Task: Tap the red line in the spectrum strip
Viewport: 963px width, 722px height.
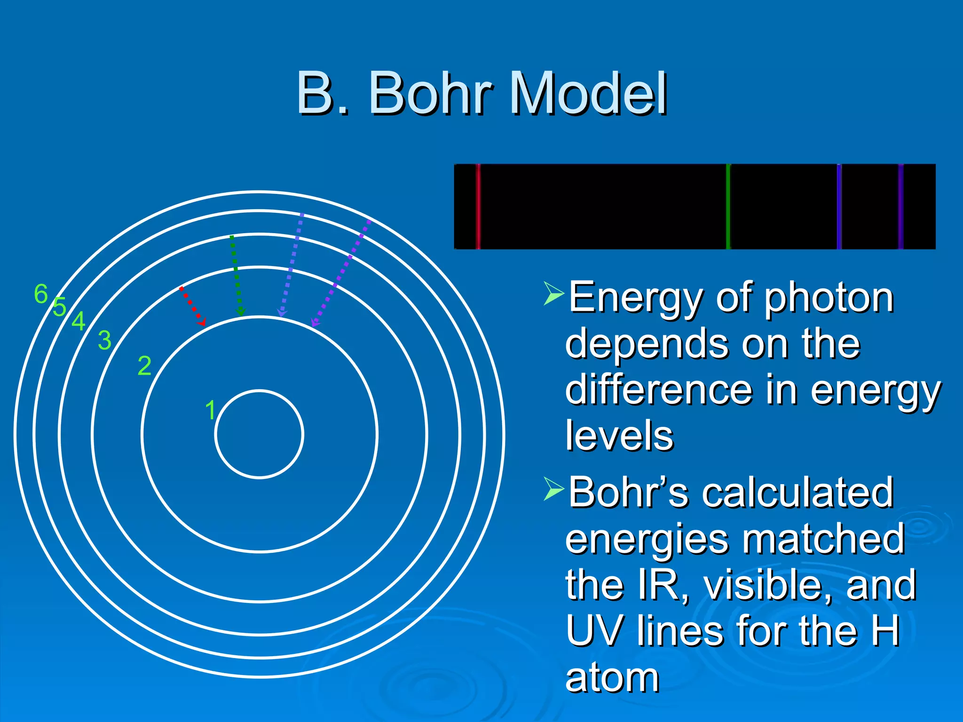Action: click(478, 206)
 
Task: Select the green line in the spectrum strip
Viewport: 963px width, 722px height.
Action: click(728, 206)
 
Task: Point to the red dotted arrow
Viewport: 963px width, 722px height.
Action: click(193, 306)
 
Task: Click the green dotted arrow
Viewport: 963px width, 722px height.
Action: click(236, 275)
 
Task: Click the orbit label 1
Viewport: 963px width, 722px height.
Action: click(210, 410)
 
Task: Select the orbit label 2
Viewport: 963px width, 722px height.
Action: click(144, 366)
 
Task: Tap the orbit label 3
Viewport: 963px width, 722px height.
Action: click(104, 340)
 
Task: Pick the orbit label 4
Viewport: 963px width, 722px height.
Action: click(78, 322)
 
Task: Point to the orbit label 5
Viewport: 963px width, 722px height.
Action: click(59, 307)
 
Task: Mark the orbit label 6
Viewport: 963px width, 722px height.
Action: click(41, 294)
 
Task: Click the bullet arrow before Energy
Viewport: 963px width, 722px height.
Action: click(553, 293)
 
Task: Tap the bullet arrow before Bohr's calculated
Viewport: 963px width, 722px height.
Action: click(553, 488)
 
